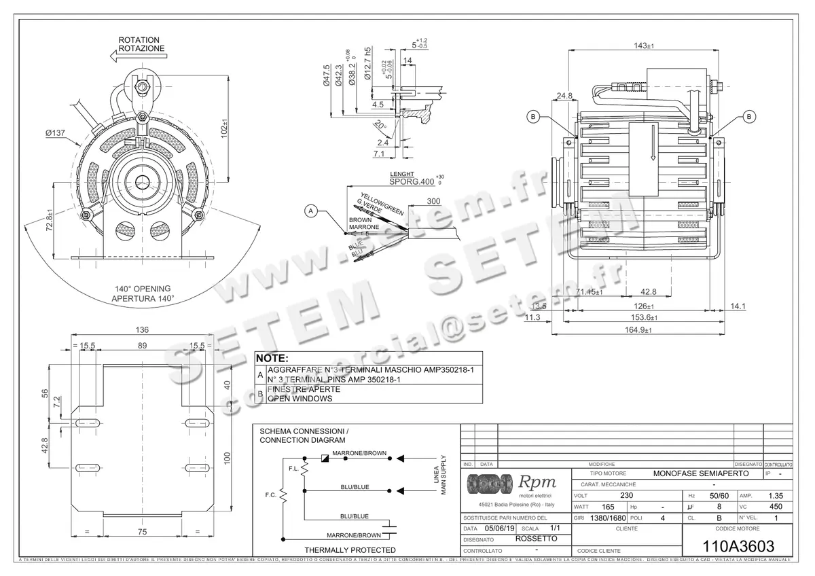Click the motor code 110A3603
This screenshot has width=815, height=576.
pos(737,545)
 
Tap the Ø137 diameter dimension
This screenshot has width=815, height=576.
pos(56,133)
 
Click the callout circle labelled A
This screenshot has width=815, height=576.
pos(311,211)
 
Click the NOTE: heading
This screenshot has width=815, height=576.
pos(272,358)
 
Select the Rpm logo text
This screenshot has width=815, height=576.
pos(537,482)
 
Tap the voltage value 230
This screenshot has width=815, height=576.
pos(626,495)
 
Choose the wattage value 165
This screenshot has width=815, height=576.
pos(609,507)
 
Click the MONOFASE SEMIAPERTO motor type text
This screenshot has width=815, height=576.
pos(700,472)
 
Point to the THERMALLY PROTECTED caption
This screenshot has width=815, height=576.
pos(350,550)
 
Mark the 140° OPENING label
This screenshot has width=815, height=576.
pos(143,289)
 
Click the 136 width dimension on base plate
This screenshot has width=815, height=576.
pos(143,331)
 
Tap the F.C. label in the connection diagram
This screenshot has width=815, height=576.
pos(270,495)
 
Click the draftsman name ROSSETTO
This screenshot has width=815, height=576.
pos(537,539)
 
